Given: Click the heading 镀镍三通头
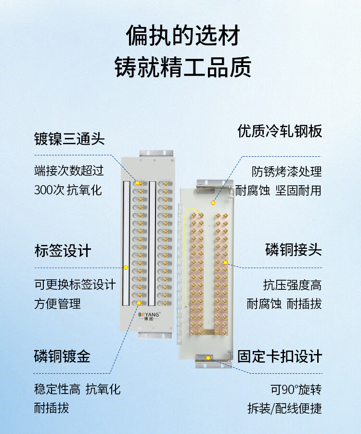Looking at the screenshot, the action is tap(69, 139).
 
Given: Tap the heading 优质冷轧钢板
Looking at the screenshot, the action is tap(280, 131).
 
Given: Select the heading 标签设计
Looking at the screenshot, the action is tap(63, 251).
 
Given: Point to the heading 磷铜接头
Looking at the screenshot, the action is tap(294, 250).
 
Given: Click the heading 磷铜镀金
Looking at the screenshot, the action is tap(62, 356).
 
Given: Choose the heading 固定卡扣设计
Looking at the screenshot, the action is tap(280, 356).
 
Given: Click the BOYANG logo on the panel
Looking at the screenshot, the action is tap(149, 316).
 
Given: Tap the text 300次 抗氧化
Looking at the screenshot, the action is tap(68, 190).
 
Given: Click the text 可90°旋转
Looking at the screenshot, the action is tap(296, 390).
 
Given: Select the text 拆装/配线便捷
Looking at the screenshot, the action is tap(285, 408).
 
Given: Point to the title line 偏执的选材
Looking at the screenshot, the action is tap(182, 35).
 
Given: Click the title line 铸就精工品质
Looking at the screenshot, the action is tap(182, 67).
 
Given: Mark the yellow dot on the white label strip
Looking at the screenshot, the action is tap(126, 267).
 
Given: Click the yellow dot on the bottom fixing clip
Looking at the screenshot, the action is tap(208, 358).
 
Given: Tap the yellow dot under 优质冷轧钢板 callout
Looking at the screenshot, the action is tap(213, 203).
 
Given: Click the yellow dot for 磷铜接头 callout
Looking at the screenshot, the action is tap(225, 262).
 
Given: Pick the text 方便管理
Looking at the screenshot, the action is tap(57, 304).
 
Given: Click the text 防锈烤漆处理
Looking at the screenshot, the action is tap(287, 172).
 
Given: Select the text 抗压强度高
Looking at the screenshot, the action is tap(293, 285).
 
